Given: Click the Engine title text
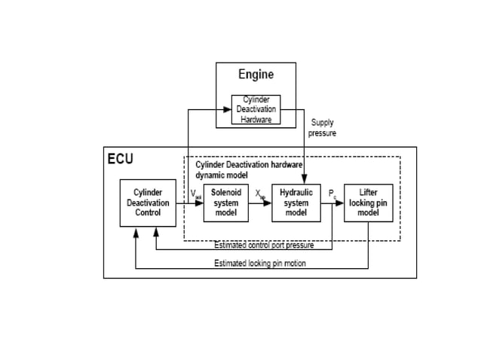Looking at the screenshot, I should coord(256,75).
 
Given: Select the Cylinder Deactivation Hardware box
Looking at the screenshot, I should coord(256,110).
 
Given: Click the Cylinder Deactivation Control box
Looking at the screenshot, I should coord(147,203).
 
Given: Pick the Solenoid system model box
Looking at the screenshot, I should coord(225,203).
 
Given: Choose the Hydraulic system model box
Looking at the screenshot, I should coord(296,203).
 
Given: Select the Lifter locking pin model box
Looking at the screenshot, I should coord(368,203).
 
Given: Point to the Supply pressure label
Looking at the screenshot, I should coord(322,128).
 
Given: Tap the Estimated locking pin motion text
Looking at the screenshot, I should coord(260,263).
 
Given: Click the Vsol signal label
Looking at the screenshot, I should coord(195,194).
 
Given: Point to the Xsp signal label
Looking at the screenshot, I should coord(260,194).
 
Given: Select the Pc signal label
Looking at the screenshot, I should coord(332,194).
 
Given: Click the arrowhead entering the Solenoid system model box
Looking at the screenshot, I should coord(200,203).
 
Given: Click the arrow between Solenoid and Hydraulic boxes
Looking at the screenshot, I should coord(259,203).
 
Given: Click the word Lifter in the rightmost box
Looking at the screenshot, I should coord(368,193).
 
